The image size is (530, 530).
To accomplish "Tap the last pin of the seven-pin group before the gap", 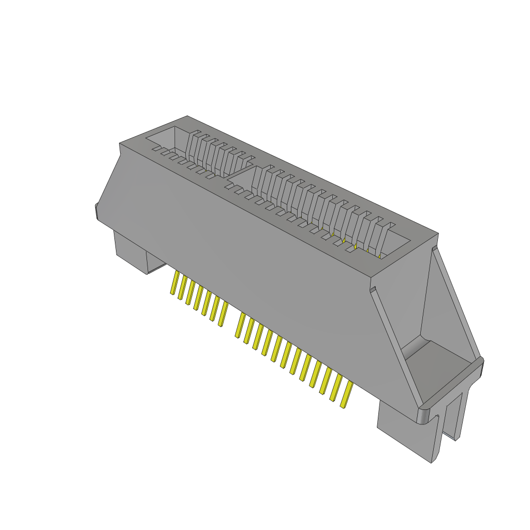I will [x=223, y=315].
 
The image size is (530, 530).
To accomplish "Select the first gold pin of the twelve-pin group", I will [x=240, y=325].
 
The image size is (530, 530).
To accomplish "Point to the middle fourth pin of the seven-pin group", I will [x=199, y=300].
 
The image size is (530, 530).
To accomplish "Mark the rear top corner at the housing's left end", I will [x=187, y=117].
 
